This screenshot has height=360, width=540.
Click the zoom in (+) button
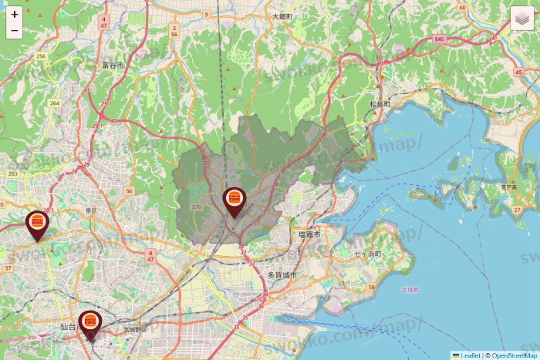(x=14, y=14)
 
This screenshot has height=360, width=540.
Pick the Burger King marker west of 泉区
(x=37, y=224)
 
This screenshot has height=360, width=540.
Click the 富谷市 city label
(x=113, y=66)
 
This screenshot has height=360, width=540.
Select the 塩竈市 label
(x=309, y=233)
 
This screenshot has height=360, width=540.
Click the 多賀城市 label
(x=282, y=274)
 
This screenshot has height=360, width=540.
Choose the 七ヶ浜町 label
(x=370, y=253)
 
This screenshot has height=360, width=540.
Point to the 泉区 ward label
(x=91, y=210)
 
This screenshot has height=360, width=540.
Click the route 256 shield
(x=42, y=56)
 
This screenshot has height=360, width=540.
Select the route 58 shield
(x=371, y=288)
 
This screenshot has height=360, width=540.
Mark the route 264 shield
(x=54, y=103)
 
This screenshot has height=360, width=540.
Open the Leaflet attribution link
(x=469, y=355)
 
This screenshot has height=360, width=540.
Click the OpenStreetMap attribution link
(x=515, y=355)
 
